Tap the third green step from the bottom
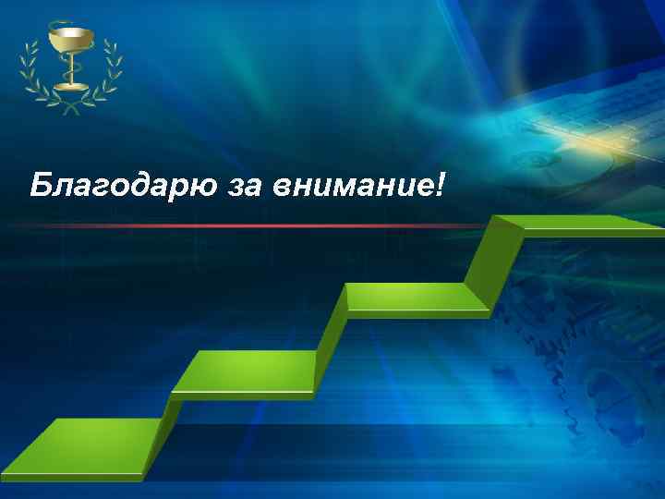coord(416,297)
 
